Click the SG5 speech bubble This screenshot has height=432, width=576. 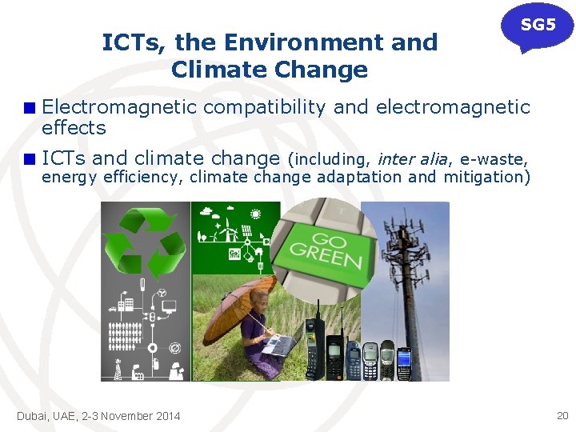coord(538,26)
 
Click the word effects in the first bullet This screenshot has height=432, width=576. coord(74,128)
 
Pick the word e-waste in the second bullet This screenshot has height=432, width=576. coord(494,158)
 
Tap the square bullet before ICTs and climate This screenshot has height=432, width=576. coord(30,158)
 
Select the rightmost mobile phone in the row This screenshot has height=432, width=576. coord(404,364)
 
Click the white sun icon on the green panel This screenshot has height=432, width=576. coord(255,214)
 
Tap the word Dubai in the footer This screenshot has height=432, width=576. coord(33,416)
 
